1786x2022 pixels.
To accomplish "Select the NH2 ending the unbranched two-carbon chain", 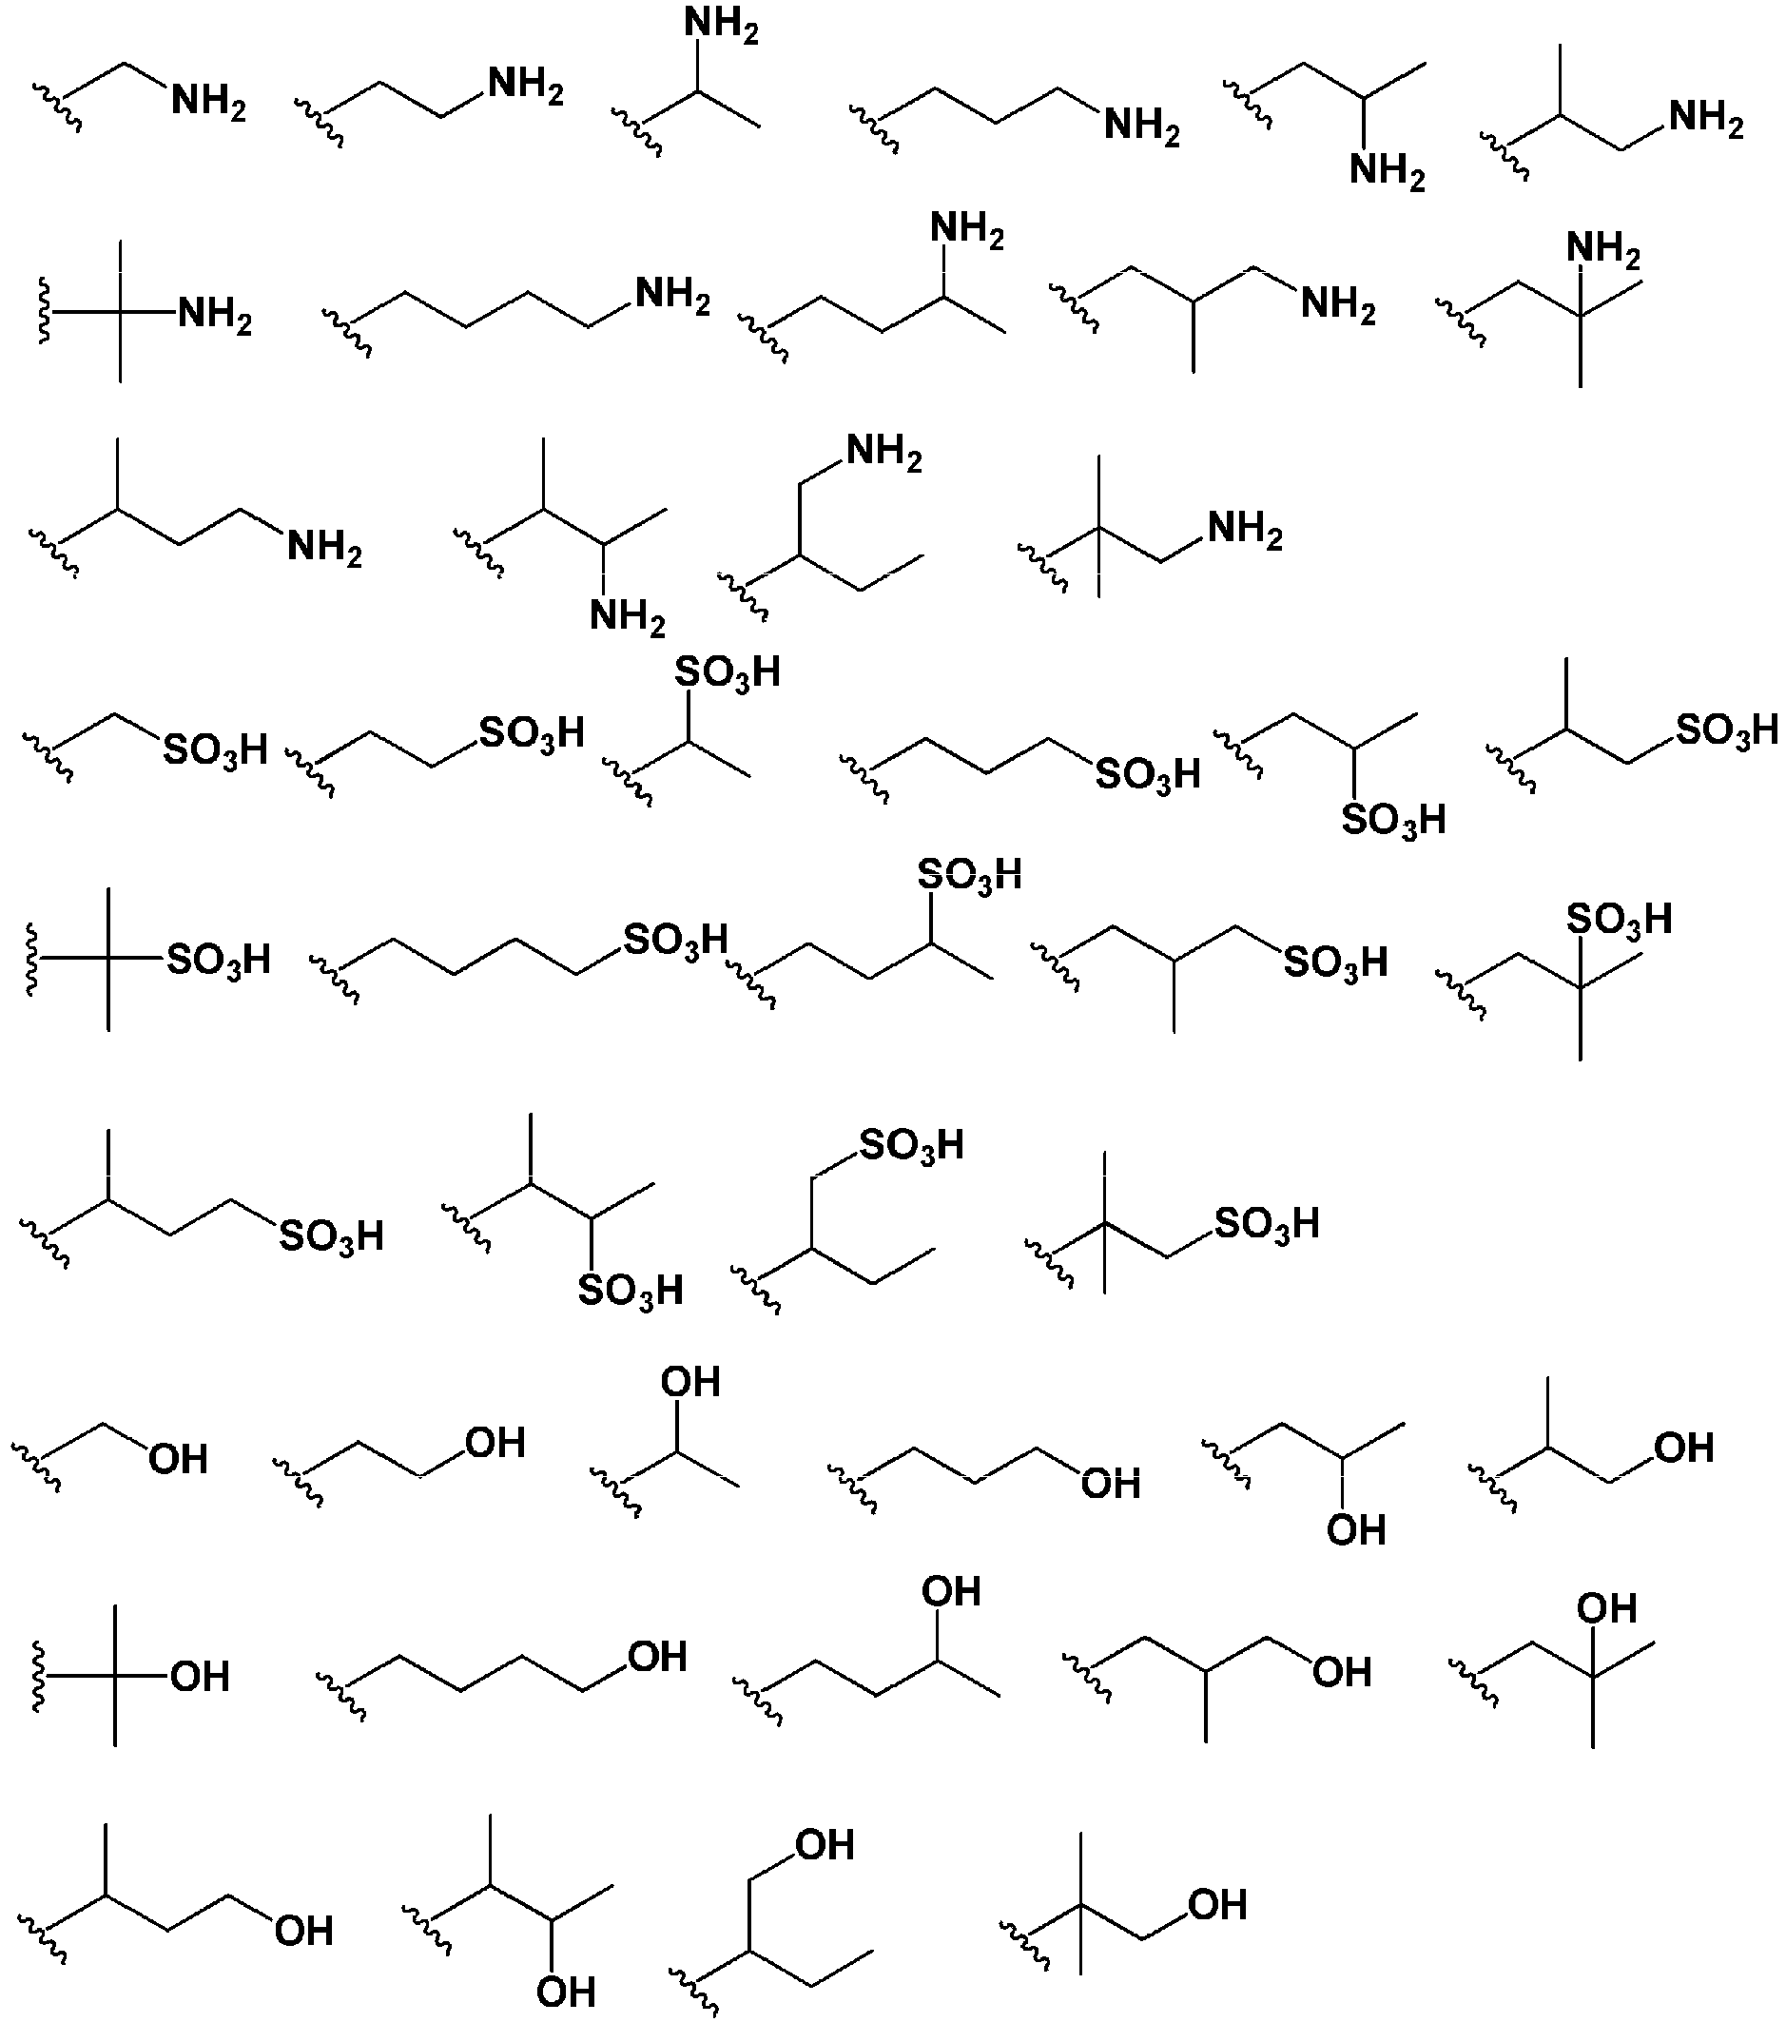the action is click(x=526, y=87).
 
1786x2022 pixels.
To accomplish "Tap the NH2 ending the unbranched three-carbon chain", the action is click(x=1142, y=127).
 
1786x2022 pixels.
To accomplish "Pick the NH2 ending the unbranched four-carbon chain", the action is click(x=672, y=296).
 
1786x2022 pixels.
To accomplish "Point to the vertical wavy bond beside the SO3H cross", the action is click(x=32, y=960).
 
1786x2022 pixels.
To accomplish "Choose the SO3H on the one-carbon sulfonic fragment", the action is click(x=216, y=749).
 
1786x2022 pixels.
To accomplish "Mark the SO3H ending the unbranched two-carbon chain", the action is click(x=532, y=734).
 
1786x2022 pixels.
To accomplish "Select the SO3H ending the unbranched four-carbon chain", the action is click(x=675, y=939).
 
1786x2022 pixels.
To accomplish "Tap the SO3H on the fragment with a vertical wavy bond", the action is click(x=219, y=960).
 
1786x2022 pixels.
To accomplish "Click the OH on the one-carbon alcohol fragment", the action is click(x=179, y=1460).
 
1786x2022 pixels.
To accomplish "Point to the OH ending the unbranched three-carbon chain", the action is click(x=1112, y=1485).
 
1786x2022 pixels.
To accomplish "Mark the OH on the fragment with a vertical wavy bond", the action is click(x=201, y=1677).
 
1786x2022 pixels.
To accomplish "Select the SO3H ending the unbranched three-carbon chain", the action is click(x=1149, y=774).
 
